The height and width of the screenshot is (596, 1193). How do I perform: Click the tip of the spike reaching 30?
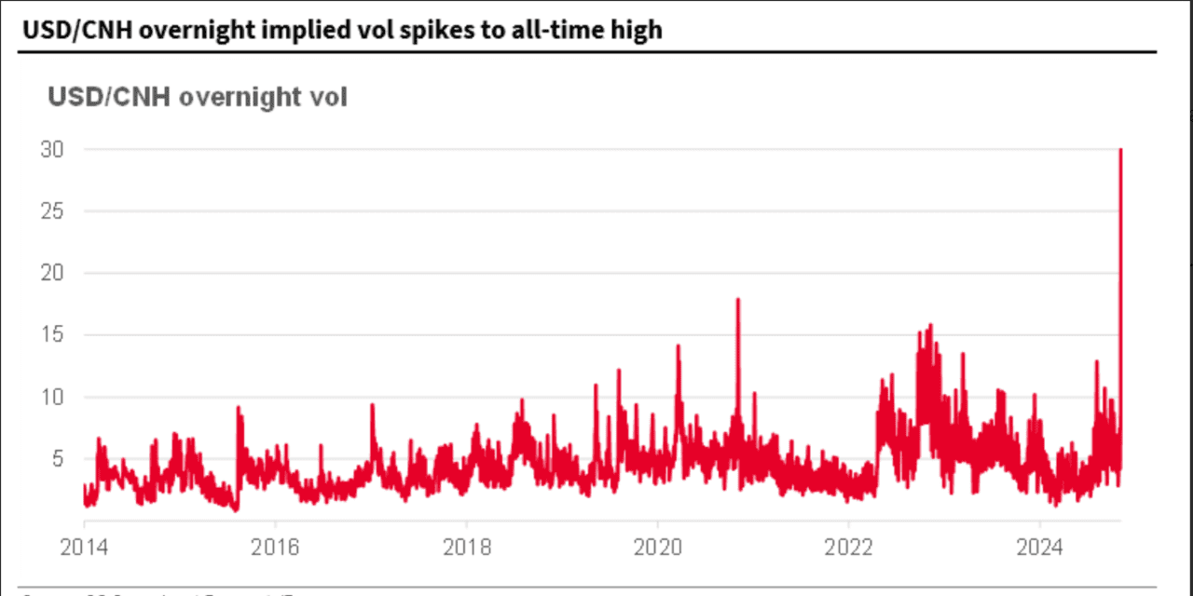point(1119,150)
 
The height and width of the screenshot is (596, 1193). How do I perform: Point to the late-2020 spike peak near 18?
point(738,299)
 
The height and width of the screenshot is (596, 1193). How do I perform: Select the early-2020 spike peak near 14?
point(678,345)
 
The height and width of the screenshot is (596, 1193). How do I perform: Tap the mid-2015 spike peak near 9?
point(239,407)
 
